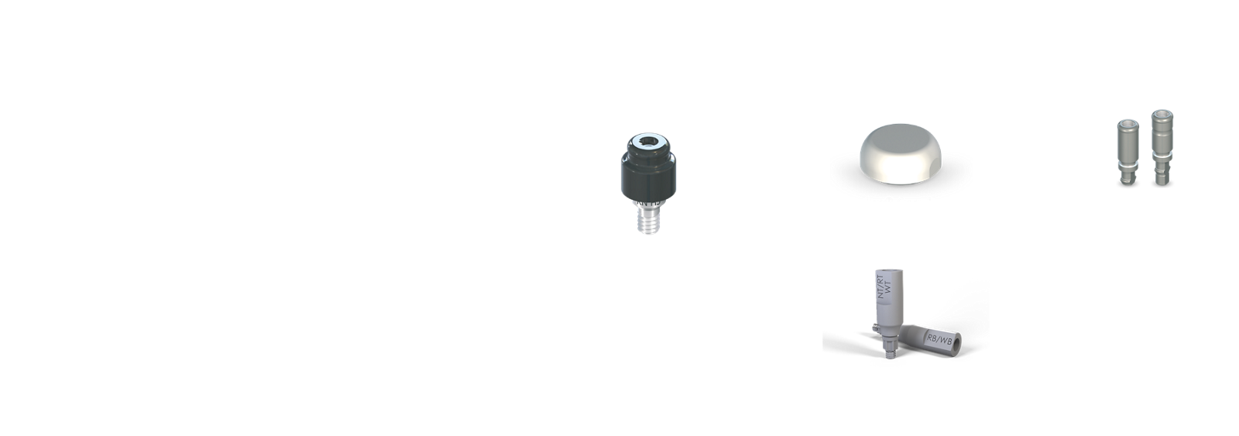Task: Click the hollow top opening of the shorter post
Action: point(1127,123)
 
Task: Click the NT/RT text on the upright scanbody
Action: point(879,290)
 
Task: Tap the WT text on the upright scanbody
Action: point(888,291)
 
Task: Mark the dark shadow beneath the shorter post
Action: point(1127,184)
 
